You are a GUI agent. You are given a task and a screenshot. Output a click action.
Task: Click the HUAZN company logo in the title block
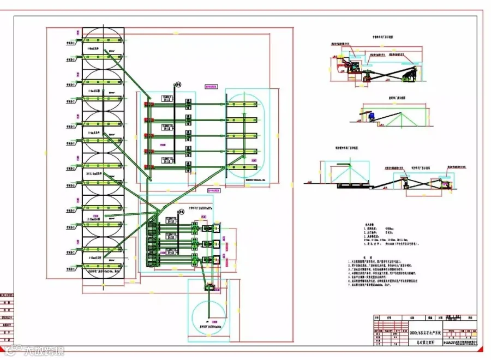448,343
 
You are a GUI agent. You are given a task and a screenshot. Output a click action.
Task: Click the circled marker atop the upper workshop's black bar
176,85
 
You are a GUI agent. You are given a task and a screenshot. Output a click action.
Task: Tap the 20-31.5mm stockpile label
96,173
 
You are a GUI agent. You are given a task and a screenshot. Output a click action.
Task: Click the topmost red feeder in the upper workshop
146,101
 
